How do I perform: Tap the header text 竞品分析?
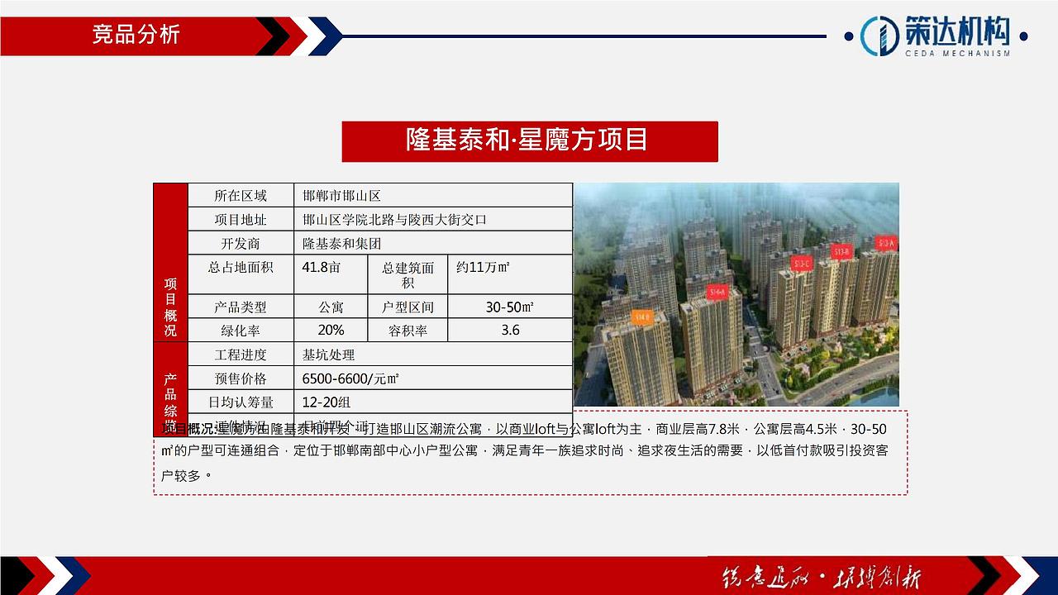(136, 35)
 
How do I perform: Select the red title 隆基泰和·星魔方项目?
(529, 140)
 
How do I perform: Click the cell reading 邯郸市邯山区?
(341, 196)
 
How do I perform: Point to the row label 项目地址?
(241, 220)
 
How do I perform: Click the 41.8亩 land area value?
(322, 268)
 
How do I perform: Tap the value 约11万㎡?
(484, 268)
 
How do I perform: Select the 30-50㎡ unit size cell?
(509, 307)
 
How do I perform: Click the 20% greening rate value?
(331, 331)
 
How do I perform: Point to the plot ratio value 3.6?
(510, 331)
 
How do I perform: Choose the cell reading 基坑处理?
(329, 355)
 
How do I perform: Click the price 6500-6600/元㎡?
(350, 378)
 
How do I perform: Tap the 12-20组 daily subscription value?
(326, 402)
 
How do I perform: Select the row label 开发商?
(241, 244)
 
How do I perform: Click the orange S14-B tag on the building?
(642, 317)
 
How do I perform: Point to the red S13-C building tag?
(803, 264)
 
